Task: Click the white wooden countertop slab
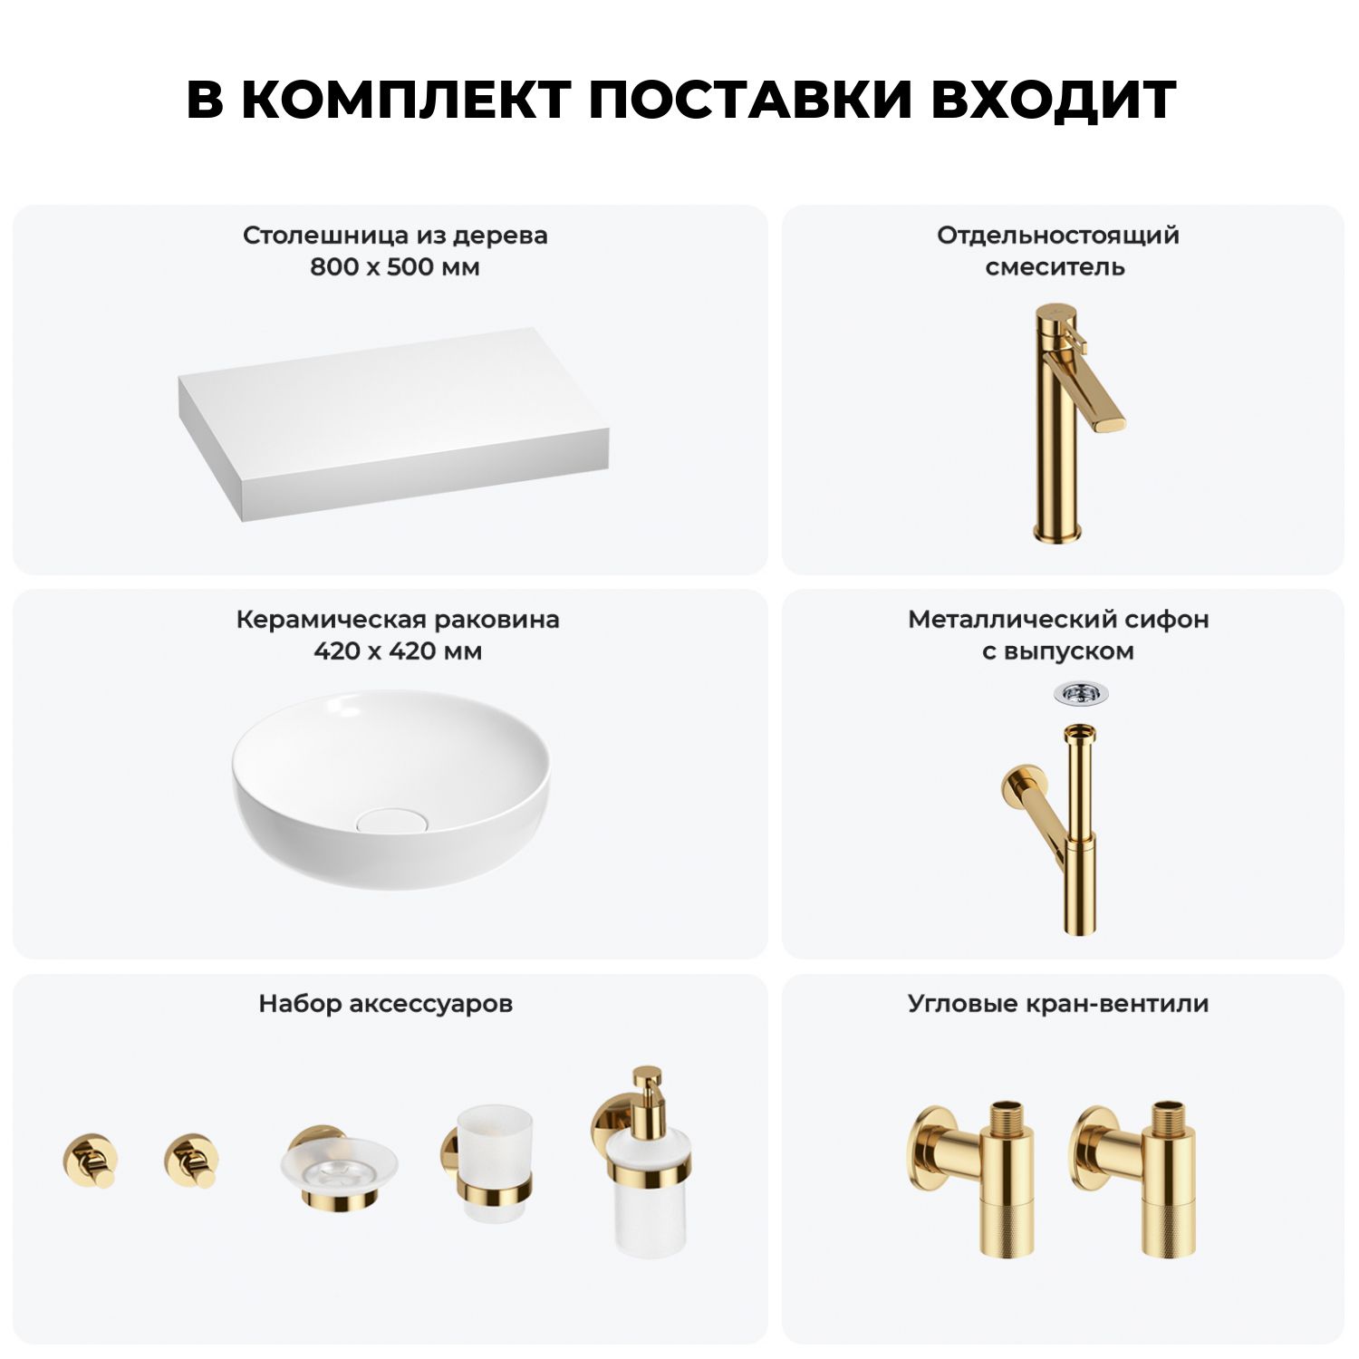pos(393,424)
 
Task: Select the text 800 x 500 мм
pos(395,267)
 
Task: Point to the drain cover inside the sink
pos(390,821)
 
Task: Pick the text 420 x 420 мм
pos(398,651)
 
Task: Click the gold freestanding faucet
pos(1074,423)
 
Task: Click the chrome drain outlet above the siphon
pos(1081,695)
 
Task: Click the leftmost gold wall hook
pos(91,1160)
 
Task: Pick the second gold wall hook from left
pos(192,1160)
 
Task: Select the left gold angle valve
pos(973,1178)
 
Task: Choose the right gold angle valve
pos(1134,1178)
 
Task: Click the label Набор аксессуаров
pos(386,1004)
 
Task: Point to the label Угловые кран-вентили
pos(1058,1004)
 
